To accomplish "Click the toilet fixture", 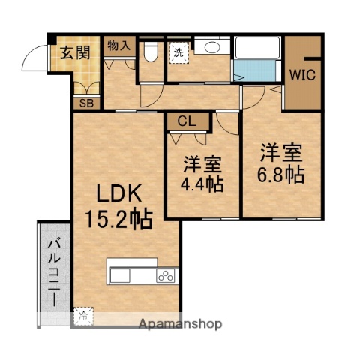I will tap(150, 53).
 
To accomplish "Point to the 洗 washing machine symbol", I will tap(180, 53).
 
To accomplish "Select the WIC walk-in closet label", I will tap(303, 75).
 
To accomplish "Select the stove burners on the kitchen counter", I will tap(164, 276).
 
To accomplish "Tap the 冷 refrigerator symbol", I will tap(83, 316).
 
